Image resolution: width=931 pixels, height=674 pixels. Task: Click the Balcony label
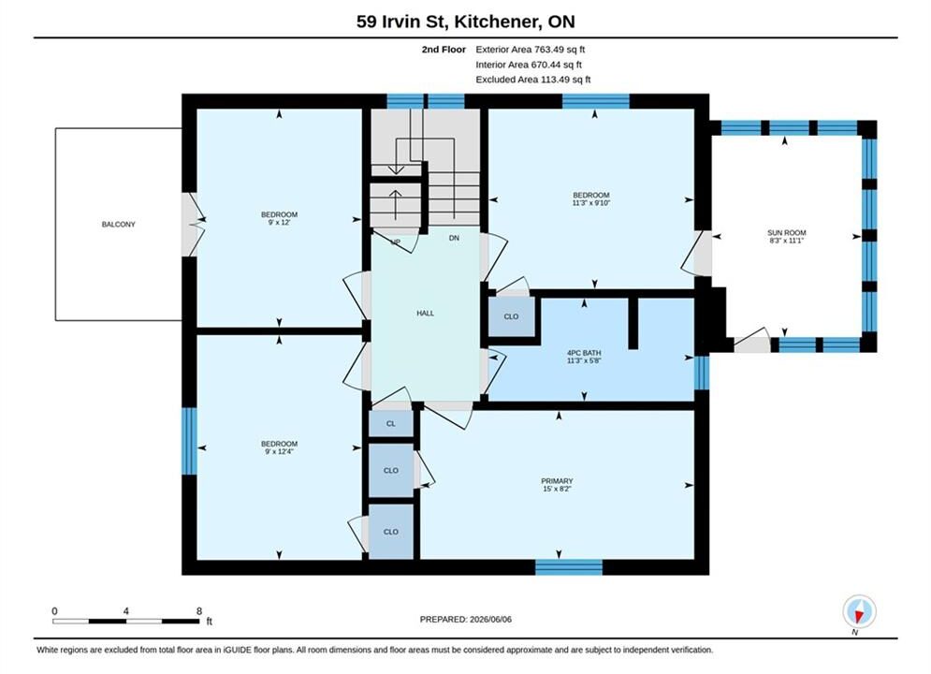click(118, 225)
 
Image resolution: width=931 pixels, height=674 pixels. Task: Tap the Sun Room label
click(786, 233)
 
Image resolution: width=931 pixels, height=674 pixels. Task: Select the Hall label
click(425, 313)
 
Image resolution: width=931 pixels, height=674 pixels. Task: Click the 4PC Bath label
click(584, 353)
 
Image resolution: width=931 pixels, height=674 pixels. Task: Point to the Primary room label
click(557, 481)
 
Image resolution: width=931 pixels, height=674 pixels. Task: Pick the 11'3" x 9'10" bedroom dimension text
click(591, 203)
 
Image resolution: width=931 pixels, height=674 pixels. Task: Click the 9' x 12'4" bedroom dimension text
click(279, 451)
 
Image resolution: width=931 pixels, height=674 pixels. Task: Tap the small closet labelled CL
click(391, 424)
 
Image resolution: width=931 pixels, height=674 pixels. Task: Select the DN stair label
click(454, 238)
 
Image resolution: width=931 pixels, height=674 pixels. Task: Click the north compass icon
click(859, 611)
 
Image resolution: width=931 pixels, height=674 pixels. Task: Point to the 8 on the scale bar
click(199, 611)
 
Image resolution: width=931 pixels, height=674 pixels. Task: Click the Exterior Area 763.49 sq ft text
click(531, 50)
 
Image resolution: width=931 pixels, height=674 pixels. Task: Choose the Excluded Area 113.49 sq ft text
click(533, 79)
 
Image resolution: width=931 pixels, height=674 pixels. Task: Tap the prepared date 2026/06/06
click(490, 620)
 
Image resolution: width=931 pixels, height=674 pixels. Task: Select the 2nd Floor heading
click(444, 50)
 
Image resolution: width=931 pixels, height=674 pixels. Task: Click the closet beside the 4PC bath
click(511, 316)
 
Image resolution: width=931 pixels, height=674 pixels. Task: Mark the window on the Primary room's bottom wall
click(569, 567)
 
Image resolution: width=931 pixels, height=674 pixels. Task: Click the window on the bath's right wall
click(702, 373)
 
